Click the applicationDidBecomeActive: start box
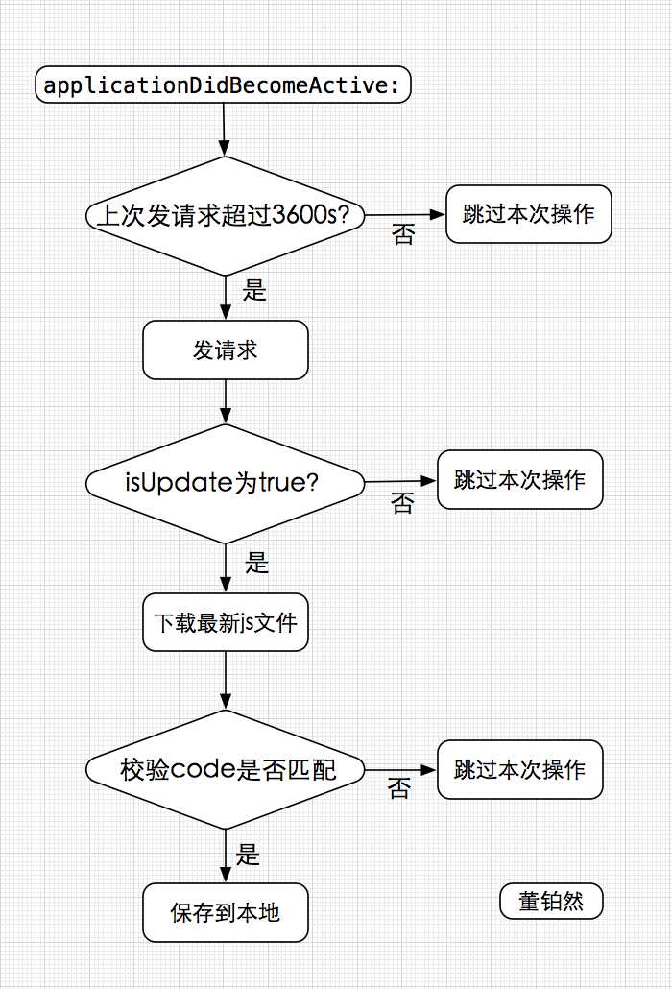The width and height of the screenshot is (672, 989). click(224, 85)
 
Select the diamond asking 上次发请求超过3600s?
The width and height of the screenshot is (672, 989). click(226, 216)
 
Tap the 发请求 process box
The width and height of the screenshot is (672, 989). click(226, 350)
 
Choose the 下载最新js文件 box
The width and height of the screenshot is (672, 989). click(226, 623)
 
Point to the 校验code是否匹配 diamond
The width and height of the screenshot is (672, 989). click(226, 770)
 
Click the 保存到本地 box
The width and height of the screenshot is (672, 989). click(226, 912)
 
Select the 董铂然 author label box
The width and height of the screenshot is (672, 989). click(551, 902)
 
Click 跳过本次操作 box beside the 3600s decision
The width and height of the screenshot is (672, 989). click(528, 213)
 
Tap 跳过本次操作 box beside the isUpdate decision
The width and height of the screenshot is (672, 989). click(520, 479)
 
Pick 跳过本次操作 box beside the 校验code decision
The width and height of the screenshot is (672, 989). click(520, 769)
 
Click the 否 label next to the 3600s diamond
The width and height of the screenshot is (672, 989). click(403, 235)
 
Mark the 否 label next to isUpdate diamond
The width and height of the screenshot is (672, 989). click(402, 502)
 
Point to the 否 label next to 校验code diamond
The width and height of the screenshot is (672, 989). click(399, 789)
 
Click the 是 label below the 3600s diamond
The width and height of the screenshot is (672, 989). click(254, 290)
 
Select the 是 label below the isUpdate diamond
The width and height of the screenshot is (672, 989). click(257, 563)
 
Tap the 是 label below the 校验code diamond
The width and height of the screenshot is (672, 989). click(249, 855)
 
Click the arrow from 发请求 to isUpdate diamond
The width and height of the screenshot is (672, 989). click(226, 401)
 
